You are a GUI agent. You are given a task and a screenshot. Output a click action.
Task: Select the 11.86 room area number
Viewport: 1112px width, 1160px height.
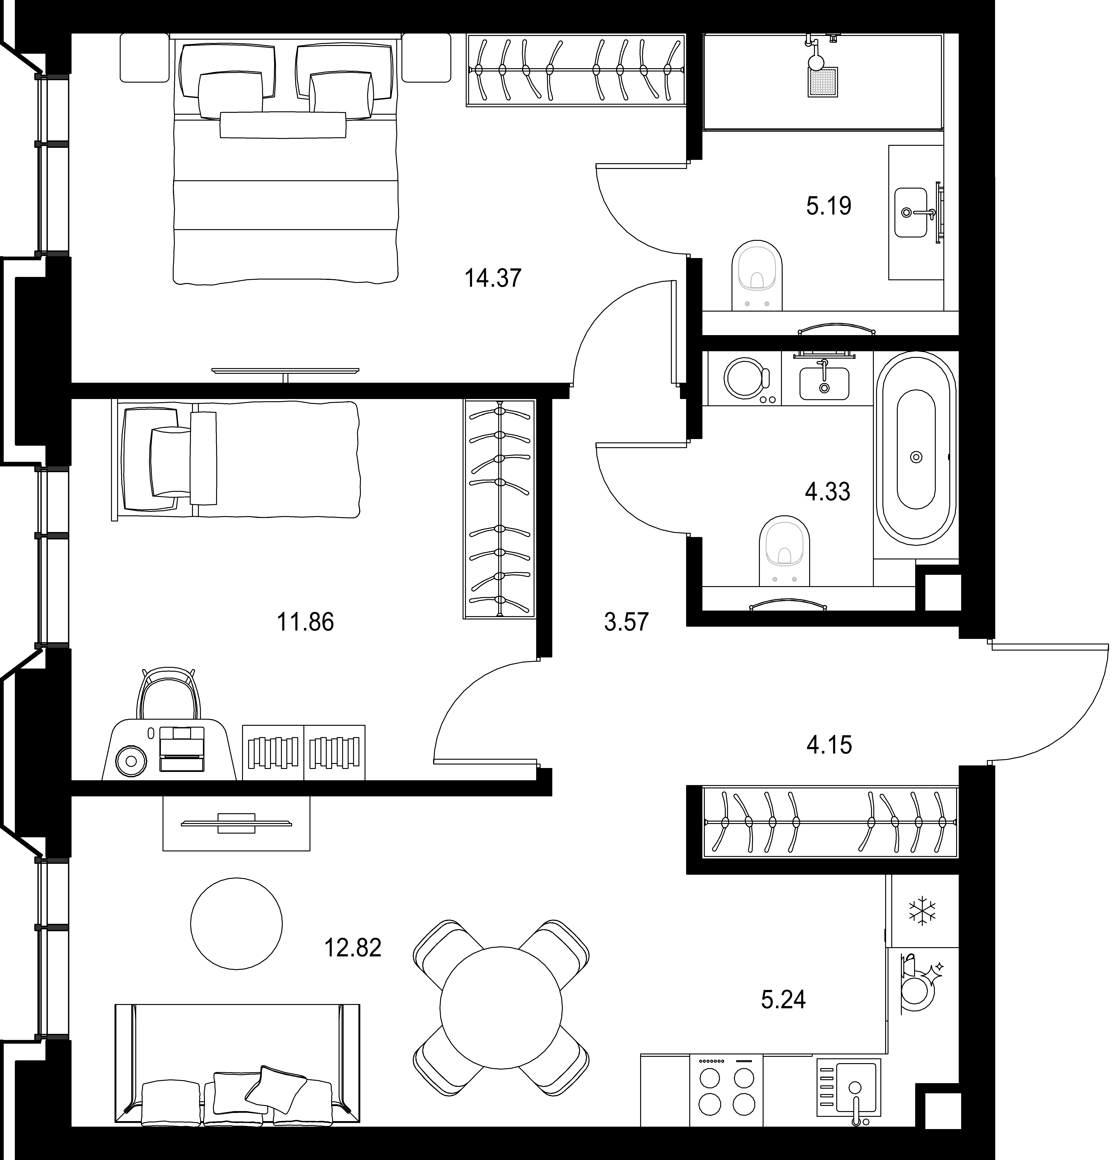(306, 622)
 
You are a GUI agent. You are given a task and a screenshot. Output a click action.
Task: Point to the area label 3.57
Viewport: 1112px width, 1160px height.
(626, 622)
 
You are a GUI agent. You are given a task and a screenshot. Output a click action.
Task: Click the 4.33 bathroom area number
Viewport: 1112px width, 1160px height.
(828, 491)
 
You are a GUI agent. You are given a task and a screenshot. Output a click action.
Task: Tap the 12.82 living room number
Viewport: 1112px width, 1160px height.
(353, 948)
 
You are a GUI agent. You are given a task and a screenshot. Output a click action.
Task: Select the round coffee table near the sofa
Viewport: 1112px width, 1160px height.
(236, 923)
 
